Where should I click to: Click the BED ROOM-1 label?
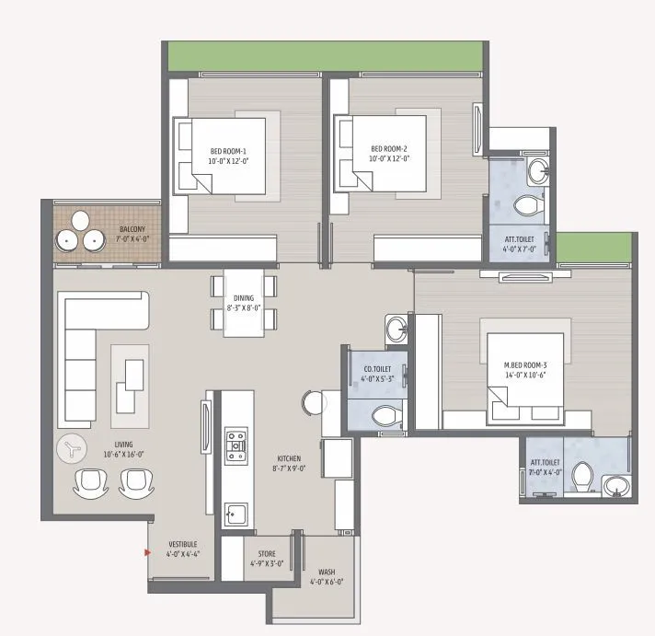(228, 155)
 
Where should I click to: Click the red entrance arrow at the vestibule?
(147, 552)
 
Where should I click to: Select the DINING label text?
(244, 303)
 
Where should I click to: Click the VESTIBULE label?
(182, 549)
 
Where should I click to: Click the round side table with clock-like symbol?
(71, 450)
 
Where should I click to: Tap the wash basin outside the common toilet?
(396, 328)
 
